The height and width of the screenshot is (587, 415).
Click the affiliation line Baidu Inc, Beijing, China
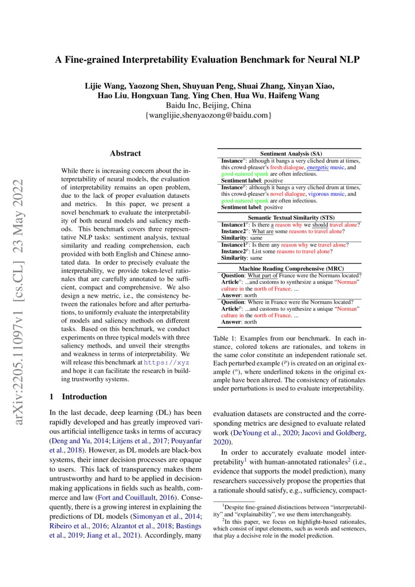(208, 105)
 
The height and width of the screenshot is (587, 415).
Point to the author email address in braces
(208, 115)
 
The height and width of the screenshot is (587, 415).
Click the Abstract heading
(125, 153)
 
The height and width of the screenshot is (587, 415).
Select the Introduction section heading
(84, 397)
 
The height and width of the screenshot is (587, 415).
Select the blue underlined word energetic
(319, 167)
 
